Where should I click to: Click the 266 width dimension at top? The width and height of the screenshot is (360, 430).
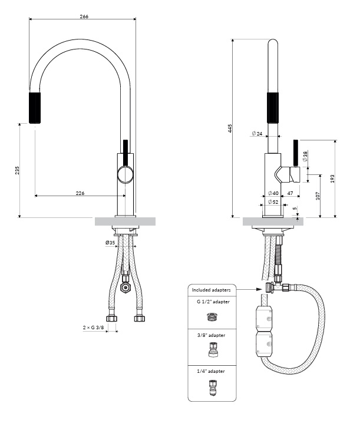pos(84,16)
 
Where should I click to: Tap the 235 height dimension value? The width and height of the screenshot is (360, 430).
pos(18,170)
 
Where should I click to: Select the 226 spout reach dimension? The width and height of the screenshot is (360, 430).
pos(80,193)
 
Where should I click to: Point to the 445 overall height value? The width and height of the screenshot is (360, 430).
pos(230,128)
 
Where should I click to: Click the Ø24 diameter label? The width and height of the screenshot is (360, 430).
pos(256,134)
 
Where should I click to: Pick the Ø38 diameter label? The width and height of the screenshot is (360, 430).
pos(305,156)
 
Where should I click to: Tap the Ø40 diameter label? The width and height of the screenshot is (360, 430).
pos(273,193)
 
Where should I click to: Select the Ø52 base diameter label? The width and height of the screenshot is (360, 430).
pos(273,202)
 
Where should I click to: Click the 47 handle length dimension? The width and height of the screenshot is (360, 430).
pos(290,193)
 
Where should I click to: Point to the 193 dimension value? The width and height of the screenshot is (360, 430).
pos(332,178)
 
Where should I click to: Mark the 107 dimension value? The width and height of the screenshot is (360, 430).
pos(318,196)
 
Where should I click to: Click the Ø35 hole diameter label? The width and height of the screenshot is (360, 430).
pos(110,242)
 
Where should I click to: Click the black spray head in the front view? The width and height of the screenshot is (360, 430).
pos(35,108)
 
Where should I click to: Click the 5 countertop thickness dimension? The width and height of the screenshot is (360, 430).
pos(295,209)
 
